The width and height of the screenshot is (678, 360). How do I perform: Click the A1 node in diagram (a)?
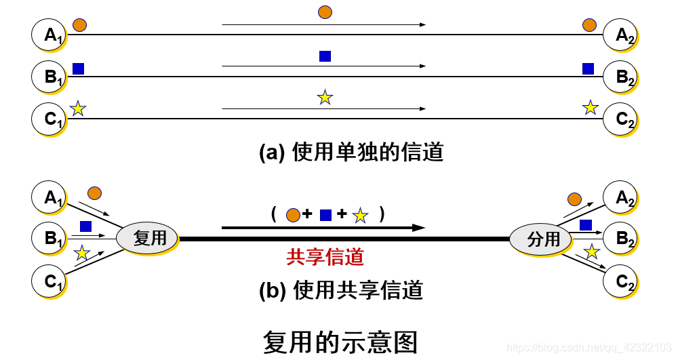pyautogui.click(x=49, y=35)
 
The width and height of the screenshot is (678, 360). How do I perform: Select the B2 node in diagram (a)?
pyautogui.click(x=622, y=77)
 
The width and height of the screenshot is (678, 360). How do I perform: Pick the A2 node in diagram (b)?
pyautogui.click(x=622, y=197)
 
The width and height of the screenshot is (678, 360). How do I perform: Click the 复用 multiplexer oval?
pyautogui.click(x=147, y=239)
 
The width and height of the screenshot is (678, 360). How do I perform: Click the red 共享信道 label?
pyautogui.click(x=325, y=256)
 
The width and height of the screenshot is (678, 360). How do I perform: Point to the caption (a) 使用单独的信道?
pyautogui.click(x=351, y=153)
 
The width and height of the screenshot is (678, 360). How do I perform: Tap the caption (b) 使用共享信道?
pyautogui.click(x=341, y=290)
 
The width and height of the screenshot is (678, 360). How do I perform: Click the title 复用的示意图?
pyautogui.click(x=339, y=341)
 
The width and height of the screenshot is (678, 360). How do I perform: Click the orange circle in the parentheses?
pyautogui.click(x=293, y=216)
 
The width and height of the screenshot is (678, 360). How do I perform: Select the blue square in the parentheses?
pyautogui.click(x=325, y=216)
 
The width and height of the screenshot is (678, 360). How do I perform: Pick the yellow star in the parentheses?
pyautogui.click(x=360, y=216)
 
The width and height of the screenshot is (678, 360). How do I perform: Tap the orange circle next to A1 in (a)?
pyautogui.click(x=80, y=25)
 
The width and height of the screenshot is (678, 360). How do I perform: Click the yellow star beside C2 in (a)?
pyautogui.click(x=591, y=107)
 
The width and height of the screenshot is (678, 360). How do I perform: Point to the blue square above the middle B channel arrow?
pyautogui.click(x=325, y=56)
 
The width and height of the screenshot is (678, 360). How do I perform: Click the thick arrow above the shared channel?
pyautogui.click(x=323, y=228)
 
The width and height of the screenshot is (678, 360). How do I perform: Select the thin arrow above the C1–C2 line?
pyautogui.click(x=323, y=108)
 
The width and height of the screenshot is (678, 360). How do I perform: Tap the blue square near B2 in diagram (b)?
pyautogui.click(x=586, y=224)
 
